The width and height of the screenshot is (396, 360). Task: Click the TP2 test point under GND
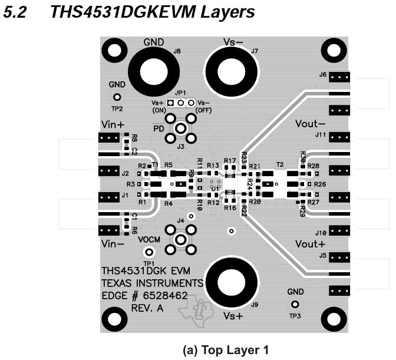(117, 97)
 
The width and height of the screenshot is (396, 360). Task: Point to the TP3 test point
(295, 305)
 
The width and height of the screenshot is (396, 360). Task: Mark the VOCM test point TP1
(149, 252)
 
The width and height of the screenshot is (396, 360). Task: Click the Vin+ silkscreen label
(113, 124)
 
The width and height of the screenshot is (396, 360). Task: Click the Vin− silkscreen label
(113, 243)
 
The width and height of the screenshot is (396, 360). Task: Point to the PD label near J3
(159, 128)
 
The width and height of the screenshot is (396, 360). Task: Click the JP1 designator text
(180, 93)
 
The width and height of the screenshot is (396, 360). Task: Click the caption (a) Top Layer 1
(226, 350)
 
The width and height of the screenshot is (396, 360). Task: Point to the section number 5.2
(15, 12)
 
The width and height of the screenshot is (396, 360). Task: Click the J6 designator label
(322, 75)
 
